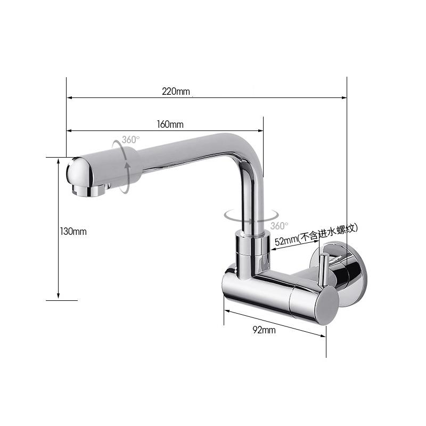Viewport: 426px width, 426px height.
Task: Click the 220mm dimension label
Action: click(x=176, y=91)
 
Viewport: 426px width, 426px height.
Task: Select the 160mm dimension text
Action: click(x=170, y=125)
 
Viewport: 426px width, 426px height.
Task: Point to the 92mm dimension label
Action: click(x=264, y=330)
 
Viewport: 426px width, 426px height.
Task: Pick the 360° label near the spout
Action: click(x=131, y=140)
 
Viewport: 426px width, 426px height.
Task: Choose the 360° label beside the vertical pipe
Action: click(x=279, y=226)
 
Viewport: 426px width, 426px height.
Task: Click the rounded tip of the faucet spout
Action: click(x=75, y=170)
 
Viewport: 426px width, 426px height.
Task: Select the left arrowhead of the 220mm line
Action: click(x=69, y=97)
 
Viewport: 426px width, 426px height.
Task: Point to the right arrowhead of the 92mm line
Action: click(x=323, y=335)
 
